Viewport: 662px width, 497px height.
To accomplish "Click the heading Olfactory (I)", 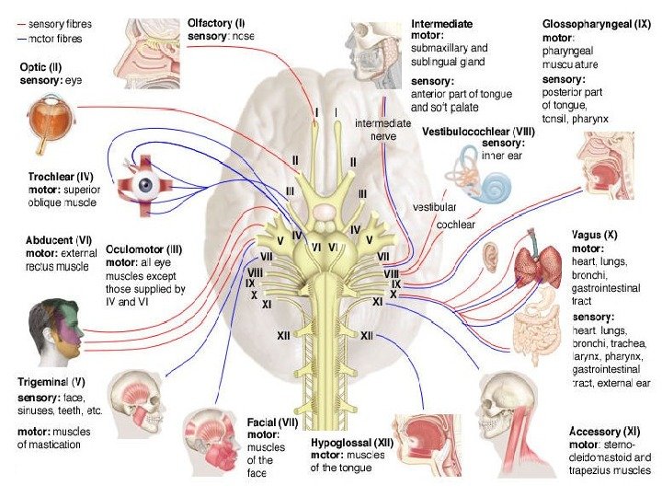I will point(216,21).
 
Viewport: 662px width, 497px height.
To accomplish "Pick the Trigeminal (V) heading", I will point(51,381).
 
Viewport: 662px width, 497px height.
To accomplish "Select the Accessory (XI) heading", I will point(604,432).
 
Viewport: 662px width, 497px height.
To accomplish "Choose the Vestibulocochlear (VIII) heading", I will point(476,132).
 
